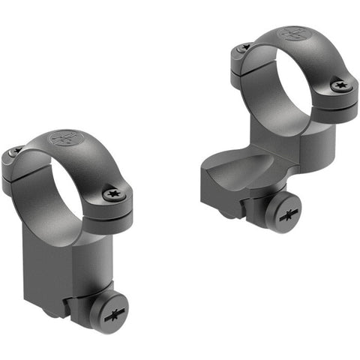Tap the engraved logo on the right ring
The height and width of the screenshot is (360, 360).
click(x=294, y=34)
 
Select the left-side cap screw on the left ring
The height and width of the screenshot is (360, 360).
click(x=15, y=153)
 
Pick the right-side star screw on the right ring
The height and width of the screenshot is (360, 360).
click(x=341, y=85)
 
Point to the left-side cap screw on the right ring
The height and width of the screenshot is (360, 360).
click(x=244, y=49)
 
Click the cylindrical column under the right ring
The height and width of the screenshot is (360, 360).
click(x=319, y=146)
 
